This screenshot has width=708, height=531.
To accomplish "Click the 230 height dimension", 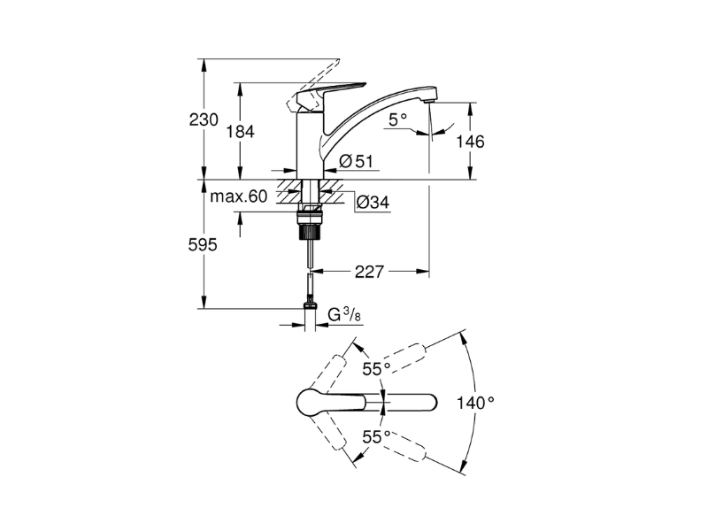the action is coord(204,120).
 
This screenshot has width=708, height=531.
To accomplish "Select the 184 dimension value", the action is coord(240,132).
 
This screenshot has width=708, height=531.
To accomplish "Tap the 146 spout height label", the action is coord(470,142).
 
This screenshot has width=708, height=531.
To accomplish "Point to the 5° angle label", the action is coord(397,119).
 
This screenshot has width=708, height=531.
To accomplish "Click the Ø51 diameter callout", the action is coord(356,161).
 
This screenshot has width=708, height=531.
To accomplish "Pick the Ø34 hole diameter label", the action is coord(373,202).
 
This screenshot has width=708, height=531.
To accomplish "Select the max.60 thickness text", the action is coord(239,196).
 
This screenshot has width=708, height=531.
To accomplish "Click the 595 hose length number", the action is coord(203,245).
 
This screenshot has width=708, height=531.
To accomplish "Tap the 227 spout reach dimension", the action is coord(369,272).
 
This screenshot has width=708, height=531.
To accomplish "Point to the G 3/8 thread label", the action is coord(344,314).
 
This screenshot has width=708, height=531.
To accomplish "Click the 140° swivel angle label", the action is coord(475,403).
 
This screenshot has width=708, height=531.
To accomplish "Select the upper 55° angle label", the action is coord(376,369).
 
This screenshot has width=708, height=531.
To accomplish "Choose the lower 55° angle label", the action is coord(376,437).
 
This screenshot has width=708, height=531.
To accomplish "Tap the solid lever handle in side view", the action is coord(328,95).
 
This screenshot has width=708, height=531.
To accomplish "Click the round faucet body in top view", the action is coord(311,402).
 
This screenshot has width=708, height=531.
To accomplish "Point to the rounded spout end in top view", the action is coord(429,402).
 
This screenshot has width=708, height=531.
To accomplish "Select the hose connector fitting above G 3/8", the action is coord(310,301).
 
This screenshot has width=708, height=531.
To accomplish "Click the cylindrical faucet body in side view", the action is coord(310,144).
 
